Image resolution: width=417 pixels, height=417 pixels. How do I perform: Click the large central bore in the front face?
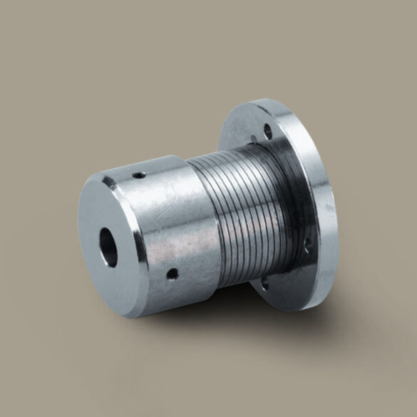point(108,247)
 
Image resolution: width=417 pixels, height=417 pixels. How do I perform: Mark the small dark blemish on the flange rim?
point(329,207)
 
